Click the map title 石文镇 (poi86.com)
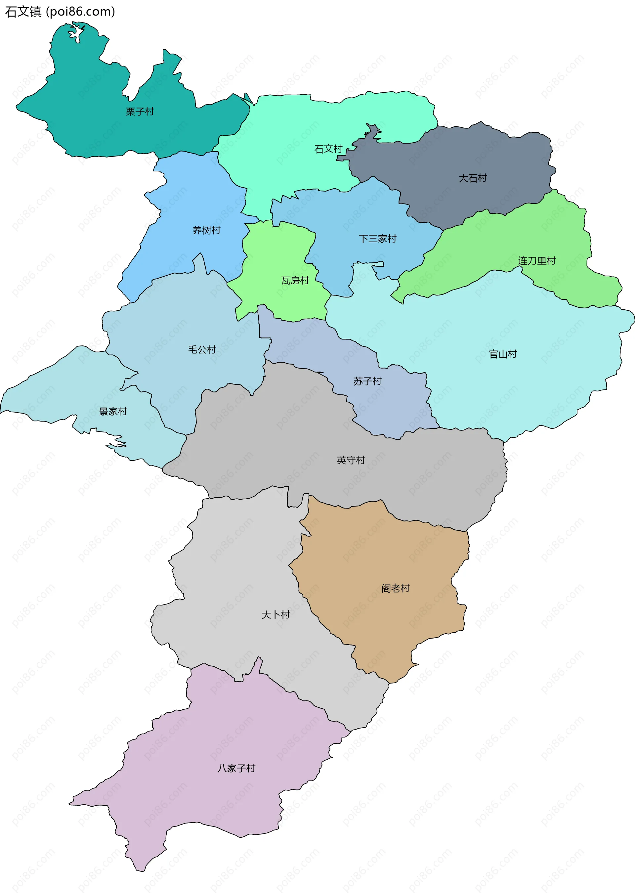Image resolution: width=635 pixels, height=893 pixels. coord(60,12)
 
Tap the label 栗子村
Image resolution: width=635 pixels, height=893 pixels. coord(140,112)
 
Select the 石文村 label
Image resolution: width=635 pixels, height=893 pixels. coord(328,149)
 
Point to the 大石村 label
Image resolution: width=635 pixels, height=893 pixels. coord(472,178)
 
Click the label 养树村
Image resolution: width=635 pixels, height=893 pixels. coord(206,230)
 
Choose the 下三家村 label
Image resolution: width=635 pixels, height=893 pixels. coord(377,239)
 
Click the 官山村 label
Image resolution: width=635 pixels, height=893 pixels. coord(503,354)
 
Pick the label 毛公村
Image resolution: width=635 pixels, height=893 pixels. coord(202,349)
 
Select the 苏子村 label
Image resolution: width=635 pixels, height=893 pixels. coord(367,381)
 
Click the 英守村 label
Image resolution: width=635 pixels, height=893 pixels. coord(351,460)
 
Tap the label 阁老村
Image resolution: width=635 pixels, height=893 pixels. coord(395,588)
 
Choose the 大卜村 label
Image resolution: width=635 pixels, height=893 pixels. coord(275,614)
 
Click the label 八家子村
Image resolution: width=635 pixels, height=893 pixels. coord(236,768)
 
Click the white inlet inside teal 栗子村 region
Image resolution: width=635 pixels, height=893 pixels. coord(77,33)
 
